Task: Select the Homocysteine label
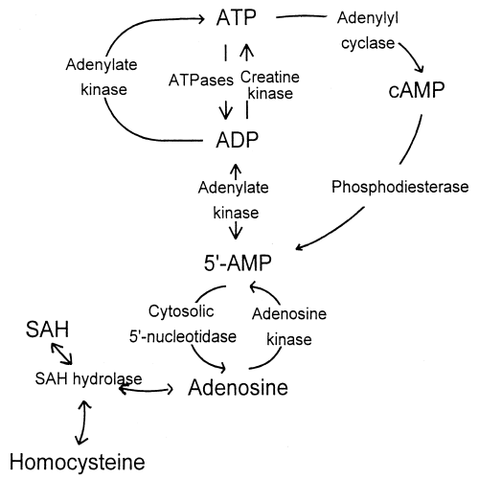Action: click(x=74, y=462)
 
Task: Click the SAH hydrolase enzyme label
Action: click(x=83, y=378)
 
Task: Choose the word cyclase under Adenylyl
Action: click(x=365, y=42)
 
